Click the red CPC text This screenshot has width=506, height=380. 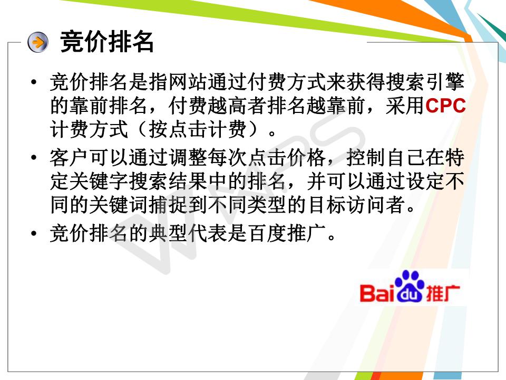(445, 106)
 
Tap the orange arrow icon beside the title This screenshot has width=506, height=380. (38, 42)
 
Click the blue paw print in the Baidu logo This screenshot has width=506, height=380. (410, 286)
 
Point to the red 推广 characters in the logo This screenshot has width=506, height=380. (443, 293)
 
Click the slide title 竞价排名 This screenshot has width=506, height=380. (107, 42)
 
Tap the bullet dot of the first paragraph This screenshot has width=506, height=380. (34, 82)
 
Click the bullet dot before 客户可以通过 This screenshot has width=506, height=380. (34, 158)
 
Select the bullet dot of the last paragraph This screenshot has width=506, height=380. (34, 233)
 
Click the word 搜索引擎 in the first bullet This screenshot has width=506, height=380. (425, 82)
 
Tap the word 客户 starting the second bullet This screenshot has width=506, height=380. (69, 158)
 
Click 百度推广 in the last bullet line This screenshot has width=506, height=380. (287, 233)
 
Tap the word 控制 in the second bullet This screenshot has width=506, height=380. (366, 158)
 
